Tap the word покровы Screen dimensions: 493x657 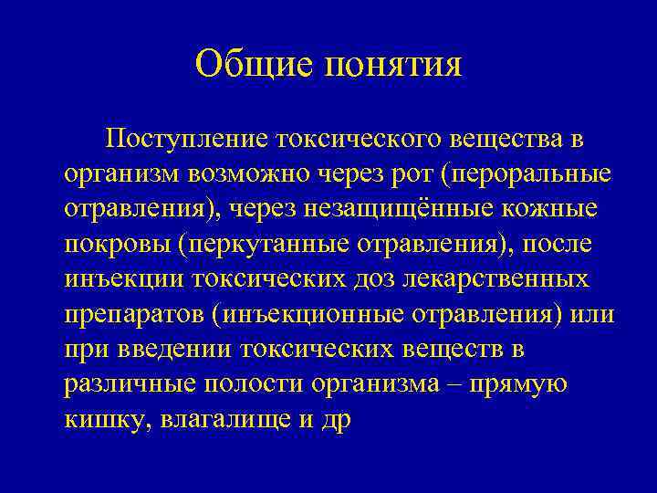[x=118, y=245]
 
